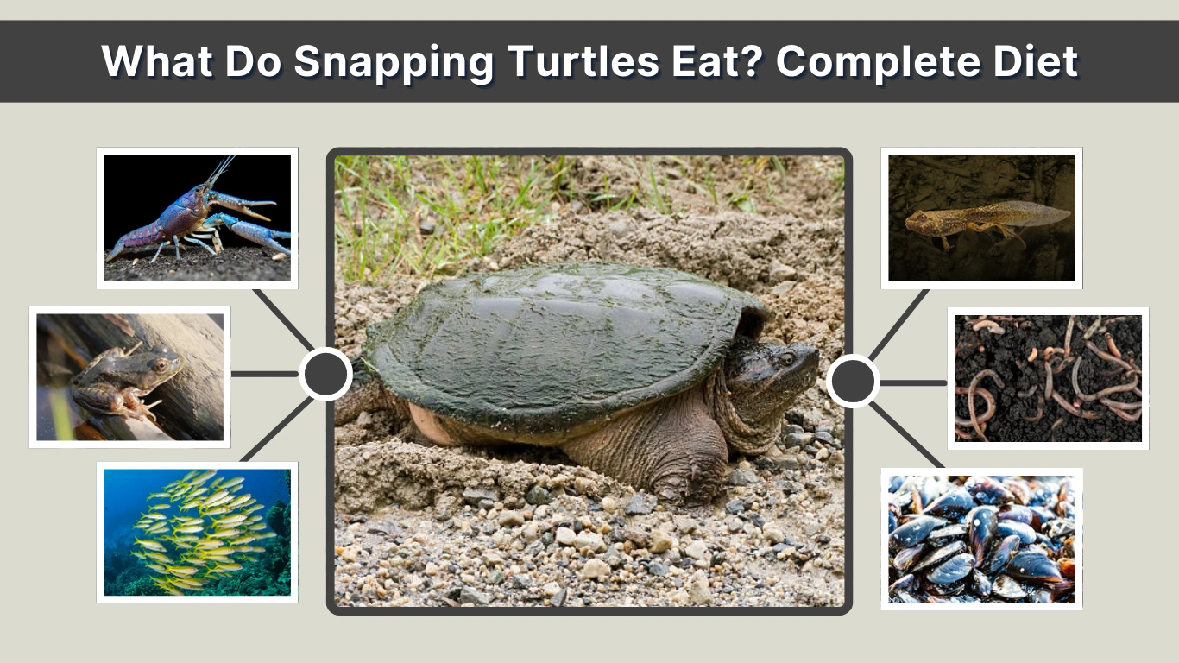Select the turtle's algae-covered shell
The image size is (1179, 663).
(x=552, y=337)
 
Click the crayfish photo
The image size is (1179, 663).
(x=197, y=218)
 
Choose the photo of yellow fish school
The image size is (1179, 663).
(x=197, y=532)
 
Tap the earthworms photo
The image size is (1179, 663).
(x=1048, y=378)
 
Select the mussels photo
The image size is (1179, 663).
(x=981, y=539)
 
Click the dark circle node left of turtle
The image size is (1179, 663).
(x=325, y=374)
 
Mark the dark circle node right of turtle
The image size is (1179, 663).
(x=853, y=381)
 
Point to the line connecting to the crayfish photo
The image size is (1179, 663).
(x=281, y=317)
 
